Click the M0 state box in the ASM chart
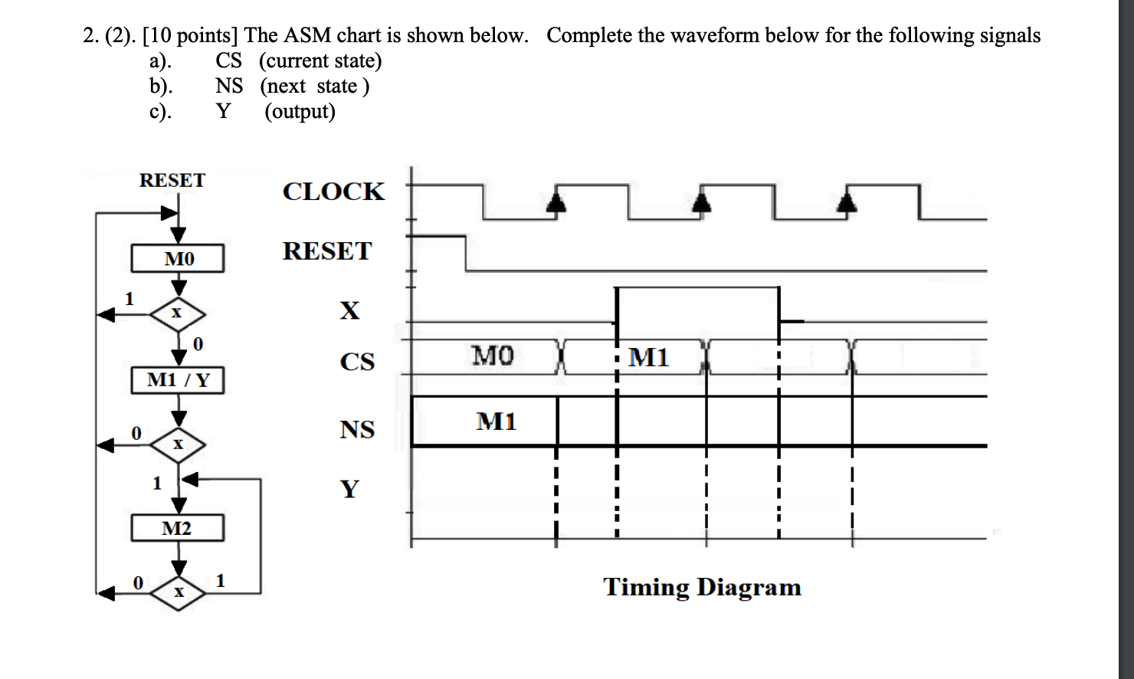178,258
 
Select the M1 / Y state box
178,380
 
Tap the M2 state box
178,528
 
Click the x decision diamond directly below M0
178,313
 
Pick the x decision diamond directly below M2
178,592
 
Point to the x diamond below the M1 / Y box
178,444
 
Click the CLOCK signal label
333,192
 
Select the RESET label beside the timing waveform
327,251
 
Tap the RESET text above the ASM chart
172,181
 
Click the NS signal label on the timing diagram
357,430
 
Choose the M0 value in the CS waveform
493,356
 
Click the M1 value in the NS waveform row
497,422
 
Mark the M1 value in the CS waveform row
649,357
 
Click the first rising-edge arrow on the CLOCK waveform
556,202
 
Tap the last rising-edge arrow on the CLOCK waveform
846,202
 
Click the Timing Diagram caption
702,587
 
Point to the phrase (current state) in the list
320,61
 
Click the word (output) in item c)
300,111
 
